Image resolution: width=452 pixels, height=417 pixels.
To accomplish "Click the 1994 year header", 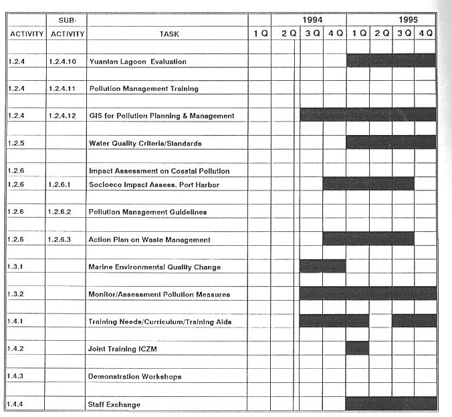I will click(312, 20).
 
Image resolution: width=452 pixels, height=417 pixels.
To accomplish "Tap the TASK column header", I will click(169, 33).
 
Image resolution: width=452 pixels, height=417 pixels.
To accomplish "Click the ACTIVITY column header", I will click(27, 33).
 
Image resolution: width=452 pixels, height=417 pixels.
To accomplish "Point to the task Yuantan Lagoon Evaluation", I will click(138, 61).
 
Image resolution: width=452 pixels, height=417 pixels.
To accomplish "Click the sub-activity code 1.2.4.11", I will click(67, 88).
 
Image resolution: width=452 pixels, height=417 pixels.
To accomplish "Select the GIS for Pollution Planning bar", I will click(368, 115).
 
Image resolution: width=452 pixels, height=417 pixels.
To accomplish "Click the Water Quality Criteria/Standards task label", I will click(145, 143).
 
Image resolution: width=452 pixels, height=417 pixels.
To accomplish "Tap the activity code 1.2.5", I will click(17, 143).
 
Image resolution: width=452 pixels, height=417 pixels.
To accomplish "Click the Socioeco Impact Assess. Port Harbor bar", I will click(368, 184).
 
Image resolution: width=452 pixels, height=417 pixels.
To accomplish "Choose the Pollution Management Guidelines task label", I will click(147, 212).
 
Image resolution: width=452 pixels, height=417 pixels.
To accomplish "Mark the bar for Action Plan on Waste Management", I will click(368, 239).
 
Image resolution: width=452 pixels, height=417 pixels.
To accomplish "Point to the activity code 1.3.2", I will click(17, 294).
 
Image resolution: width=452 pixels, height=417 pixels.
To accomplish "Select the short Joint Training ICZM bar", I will click(357, 348).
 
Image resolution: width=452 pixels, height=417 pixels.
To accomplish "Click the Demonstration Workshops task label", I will click(134, 376).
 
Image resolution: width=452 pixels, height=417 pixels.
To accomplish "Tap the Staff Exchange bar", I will click(391, 404).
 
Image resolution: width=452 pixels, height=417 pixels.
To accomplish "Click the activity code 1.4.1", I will click(17, 321).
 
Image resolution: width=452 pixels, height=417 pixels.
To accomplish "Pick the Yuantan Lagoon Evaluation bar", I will click(391, 61).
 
